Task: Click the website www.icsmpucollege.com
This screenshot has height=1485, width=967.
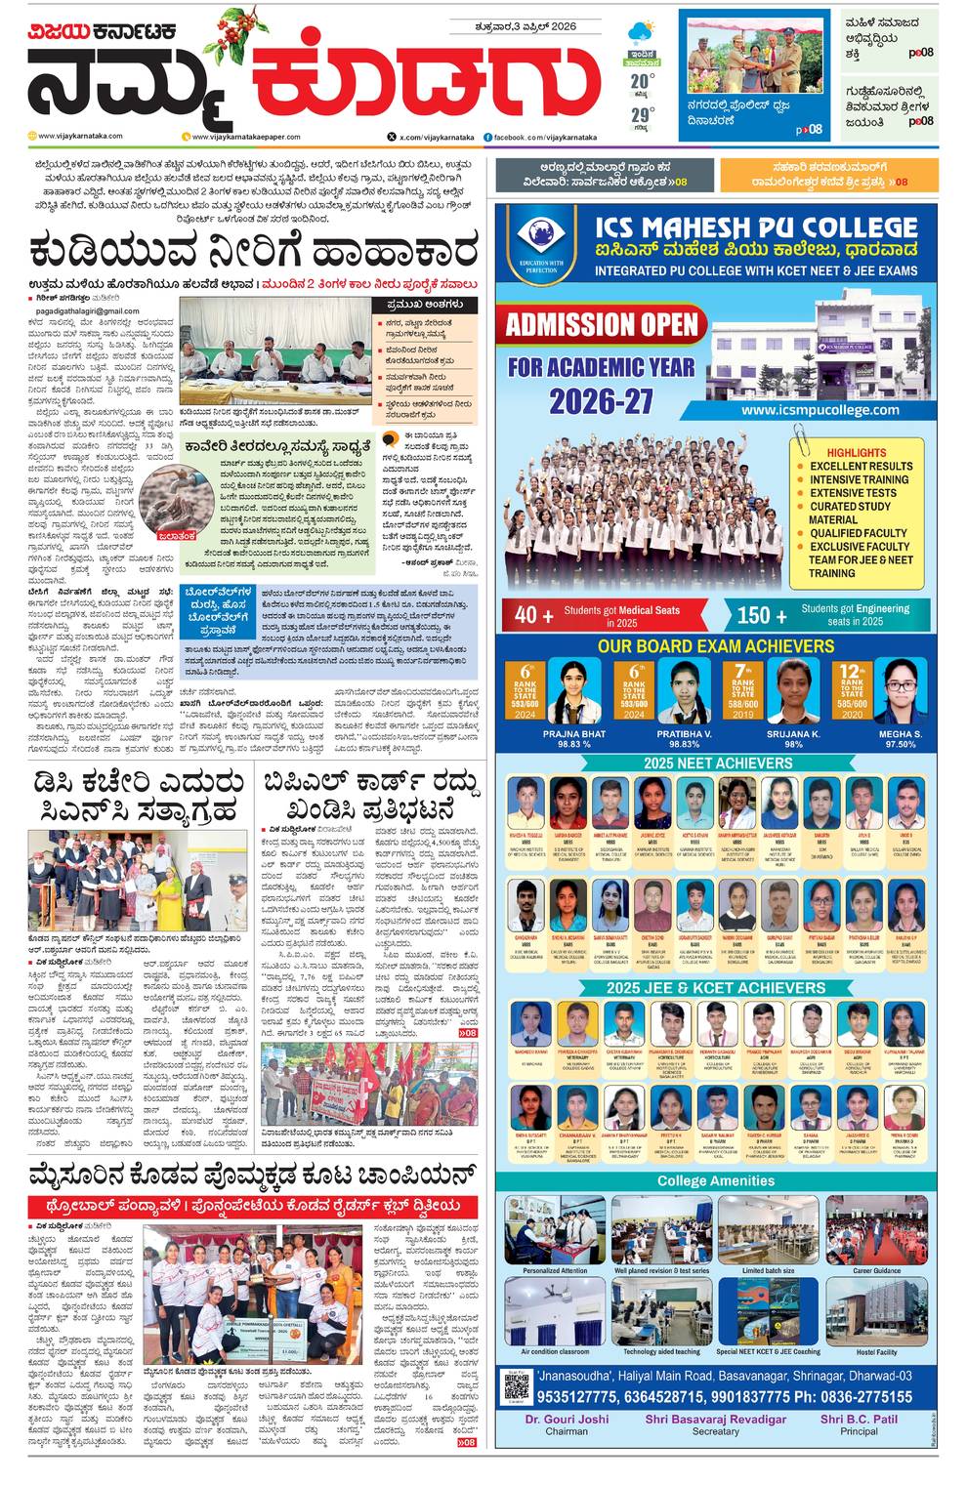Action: pos(820,410)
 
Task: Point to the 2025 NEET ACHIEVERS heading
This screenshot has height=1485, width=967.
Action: pos(717,763)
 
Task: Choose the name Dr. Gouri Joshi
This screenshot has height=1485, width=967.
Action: pos(567,1419)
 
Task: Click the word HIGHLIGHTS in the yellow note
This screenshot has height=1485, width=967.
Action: pos(856,453)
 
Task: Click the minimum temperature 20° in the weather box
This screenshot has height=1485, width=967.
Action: pos(640,80)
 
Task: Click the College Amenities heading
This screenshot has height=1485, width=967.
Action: pos(716,1180)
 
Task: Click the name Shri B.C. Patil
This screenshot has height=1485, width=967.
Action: pos(859,1419)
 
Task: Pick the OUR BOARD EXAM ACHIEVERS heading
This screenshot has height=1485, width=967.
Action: pos(716,646)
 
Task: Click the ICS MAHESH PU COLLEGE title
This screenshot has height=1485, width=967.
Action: pos(757,228)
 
